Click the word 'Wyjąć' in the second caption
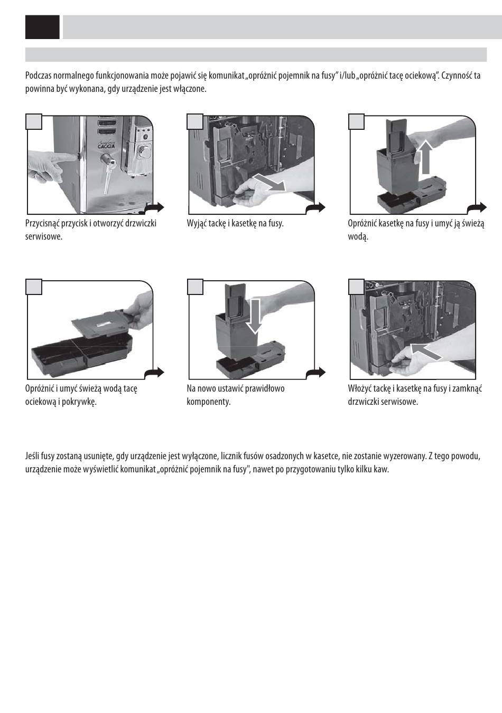tap(197, 223)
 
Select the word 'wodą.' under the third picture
tap(358, 236)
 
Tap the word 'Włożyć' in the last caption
tap(360, 388)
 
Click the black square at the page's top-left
tap(42, 27)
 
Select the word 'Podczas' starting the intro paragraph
tap(39, 75)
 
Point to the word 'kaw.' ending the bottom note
tap(380, 469)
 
